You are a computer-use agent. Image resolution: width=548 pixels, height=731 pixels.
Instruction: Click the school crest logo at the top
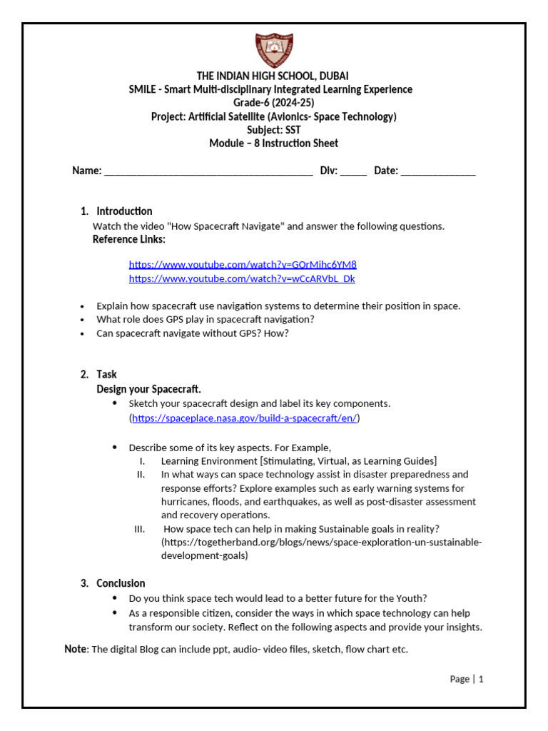tap(274, 51)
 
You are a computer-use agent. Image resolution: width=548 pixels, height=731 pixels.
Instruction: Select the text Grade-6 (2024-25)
tap(274, 103)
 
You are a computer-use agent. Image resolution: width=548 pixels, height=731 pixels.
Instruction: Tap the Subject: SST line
tap(274, 130)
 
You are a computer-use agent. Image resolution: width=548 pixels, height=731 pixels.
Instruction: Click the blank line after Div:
tap(353, 171)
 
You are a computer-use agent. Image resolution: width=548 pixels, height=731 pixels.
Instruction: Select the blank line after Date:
tap(437, 171)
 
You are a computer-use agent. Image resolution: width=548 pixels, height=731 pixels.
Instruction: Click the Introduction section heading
tap(124, 211)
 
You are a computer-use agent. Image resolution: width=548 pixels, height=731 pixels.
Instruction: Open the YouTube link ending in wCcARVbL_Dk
tap(242, 278)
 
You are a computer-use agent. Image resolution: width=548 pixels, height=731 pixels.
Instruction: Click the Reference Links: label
tap(129, 239)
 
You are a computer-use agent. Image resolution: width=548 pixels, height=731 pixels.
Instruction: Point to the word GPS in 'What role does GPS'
tap(168, 320)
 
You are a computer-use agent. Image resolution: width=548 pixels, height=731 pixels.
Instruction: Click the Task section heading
tap(106, 375)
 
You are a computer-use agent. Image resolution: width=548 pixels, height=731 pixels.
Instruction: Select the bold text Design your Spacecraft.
tap(149, 389)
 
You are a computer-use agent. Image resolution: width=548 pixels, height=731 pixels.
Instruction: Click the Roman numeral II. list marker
tap(141, 475)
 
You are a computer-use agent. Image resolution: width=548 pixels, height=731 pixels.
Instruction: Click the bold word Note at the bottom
tap(75, 649)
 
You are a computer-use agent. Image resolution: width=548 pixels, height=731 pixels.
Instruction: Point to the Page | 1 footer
tap(467, 679)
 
